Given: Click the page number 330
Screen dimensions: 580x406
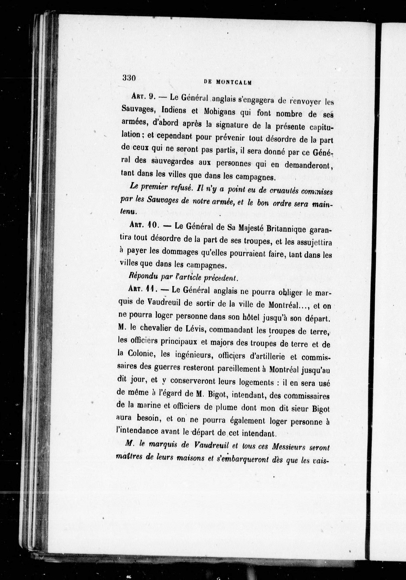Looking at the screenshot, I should tap(129, 78).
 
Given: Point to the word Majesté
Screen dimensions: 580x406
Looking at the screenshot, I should tap(250, 228).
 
